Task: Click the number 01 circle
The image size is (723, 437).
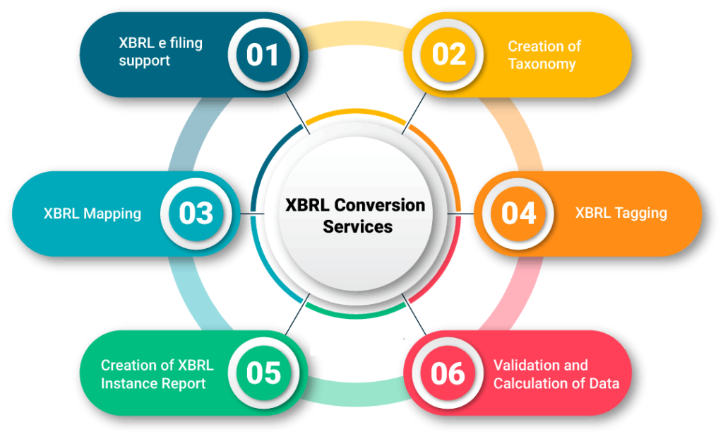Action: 263,54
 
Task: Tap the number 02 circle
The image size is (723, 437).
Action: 448,54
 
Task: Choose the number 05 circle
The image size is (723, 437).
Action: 263,373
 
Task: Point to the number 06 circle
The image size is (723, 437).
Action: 448,373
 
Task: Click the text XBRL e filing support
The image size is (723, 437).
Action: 160,52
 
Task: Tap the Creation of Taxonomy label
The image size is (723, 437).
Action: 544,55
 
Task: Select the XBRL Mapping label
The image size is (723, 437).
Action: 92,214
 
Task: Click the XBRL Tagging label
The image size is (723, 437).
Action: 621,213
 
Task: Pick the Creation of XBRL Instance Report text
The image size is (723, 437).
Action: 157,374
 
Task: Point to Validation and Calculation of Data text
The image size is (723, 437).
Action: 556,374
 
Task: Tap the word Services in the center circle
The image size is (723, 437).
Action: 357,227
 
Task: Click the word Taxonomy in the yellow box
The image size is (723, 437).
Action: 542,64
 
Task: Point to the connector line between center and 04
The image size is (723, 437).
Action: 461,214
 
